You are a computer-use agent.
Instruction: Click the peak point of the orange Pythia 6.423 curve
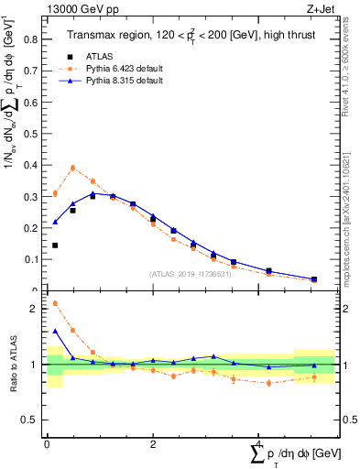point(72,168)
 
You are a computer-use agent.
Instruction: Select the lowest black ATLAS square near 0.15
point(55,245)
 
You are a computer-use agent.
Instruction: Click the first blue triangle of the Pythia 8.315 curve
point(55,222)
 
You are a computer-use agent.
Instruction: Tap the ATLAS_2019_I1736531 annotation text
point(190,274)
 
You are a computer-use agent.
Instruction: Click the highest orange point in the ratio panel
point(55,303)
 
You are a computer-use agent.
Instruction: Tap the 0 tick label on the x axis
point(47,444)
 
